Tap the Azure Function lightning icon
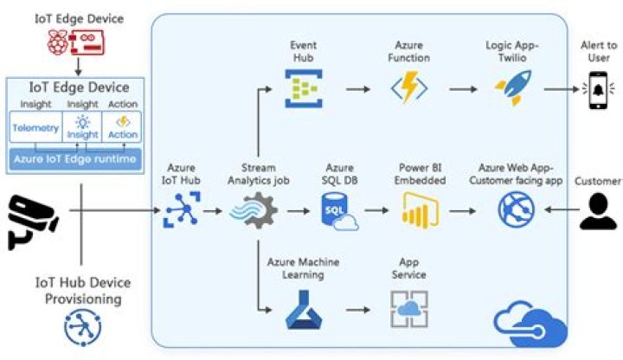click(406, 88)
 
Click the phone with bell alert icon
click(599, 88)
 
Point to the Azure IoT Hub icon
click(182, 210)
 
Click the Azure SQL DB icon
click(338, 210)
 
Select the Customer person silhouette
click(599, 210)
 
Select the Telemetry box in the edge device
click(35, 128)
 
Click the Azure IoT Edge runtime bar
click(74, 158)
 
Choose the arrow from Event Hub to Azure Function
click(356, 88)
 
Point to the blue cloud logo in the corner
click(530, 324)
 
